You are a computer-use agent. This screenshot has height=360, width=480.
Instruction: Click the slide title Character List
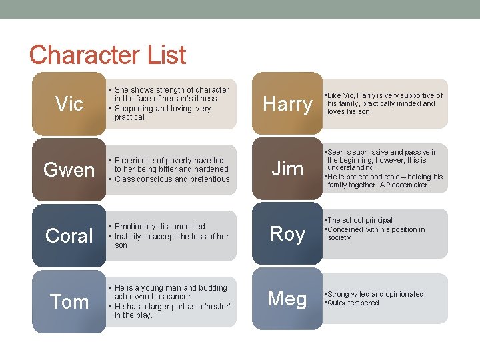[107, 55]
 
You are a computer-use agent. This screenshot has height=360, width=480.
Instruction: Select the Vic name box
[69, 103]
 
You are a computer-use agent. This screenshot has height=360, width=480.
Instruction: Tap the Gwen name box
[69, 169]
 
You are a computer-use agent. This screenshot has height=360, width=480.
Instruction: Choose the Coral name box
[69, 235]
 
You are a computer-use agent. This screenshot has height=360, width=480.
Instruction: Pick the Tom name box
[69, 301]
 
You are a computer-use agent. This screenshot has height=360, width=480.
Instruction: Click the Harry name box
[287, 103]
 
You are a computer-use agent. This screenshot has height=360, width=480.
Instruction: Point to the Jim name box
[287, 169]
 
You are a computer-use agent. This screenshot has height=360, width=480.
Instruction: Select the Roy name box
[287, 233]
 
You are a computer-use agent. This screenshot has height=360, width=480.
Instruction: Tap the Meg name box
[287, 299]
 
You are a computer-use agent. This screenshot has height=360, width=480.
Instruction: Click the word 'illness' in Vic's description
[205, 99]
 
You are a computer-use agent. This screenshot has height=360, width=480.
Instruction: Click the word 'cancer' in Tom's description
[179, 297]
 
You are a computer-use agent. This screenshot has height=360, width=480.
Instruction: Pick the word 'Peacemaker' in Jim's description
[409, 185]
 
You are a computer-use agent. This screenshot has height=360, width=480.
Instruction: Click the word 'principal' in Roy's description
[377, 220]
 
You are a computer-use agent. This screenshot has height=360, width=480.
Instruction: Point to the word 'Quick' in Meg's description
[337, 303]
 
